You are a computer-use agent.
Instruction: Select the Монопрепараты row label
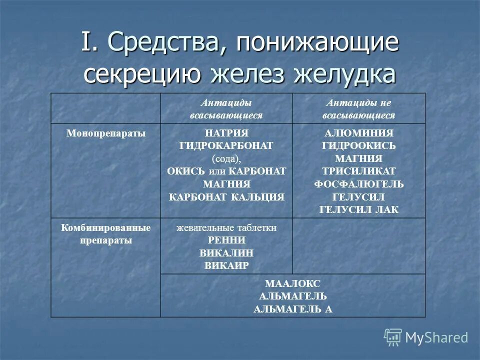pyautogui.click(x=106, y=133)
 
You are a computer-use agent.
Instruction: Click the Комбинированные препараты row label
pyautogui.click(x=106, y=233)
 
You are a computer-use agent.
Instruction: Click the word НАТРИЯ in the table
pyautogui.click(x=226, y=133)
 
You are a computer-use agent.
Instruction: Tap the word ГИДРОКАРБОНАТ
pyautogui.click(x=226, y=146)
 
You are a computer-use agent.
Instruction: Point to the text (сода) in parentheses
pyautogui.click(x=226, y=158)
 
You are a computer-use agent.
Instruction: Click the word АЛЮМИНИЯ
pyautogui.click(x=358, y=133)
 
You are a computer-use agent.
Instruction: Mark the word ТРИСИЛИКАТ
pyautogui.click(x=358, y=171)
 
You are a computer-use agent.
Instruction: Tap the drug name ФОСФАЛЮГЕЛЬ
pyautogui.click(x=358, y=184)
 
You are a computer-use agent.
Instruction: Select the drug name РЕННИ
pyautogui.click(x=226, y=240)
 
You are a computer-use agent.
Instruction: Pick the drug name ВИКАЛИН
pyautogui.click(x=226, y=252)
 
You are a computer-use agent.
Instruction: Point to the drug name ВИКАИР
pyautogui.click(x=226, y=265)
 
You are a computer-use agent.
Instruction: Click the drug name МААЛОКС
pyautogui.click(x=292, y=283)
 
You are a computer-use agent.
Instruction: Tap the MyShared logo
pyautogui.click(x=426, y=337)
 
